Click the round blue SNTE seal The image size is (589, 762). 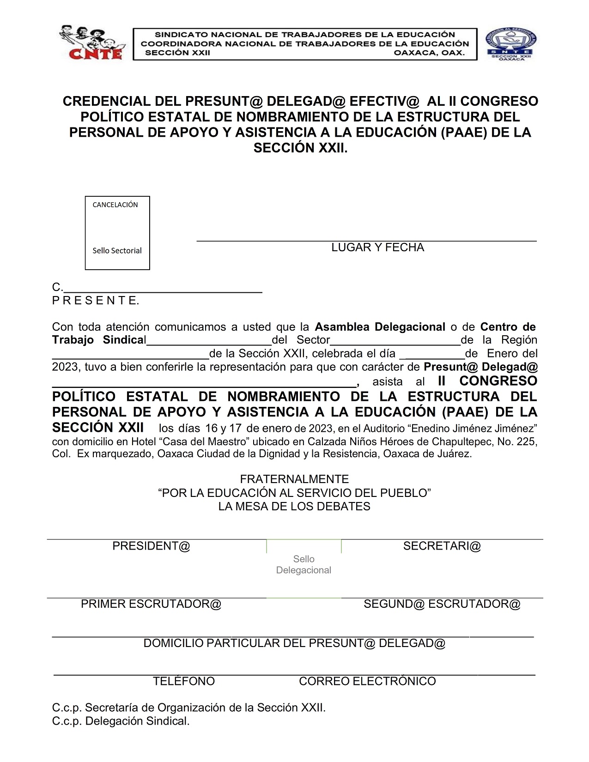click(x=511, y=44)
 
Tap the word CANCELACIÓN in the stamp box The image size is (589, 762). click(x=115, y=205)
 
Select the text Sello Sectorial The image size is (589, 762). click(x=117, y=250)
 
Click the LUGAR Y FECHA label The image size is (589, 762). click(x=377, y=248)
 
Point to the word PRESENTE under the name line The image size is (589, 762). click(x=96, y=301)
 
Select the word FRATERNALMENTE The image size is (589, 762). click(x=294, y=479)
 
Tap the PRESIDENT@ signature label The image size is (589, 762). click(x=151, y=546)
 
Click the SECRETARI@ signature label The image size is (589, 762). click(x=442, y=546)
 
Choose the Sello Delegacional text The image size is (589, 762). click(x=304, y=564)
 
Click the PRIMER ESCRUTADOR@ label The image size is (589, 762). click(x=151, y=604)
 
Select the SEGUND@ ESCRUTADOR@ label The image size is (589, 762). click(x=442, y=604)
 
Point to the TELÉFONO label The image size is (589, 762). click(x=184, y=681)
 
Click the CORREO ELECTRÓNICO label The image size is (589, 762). click(x=367, y=681)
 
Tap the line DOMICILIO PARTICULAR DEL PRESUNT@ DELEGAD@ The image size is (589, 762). click(x=294, y=643)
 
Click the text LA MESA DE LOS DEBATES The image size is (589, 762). click(x=294, y=507)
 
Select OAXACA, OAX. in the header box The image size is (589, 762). click(x=429, y=53)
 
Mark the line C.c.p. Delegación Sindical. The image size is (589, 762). click(x=121, y=721)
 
